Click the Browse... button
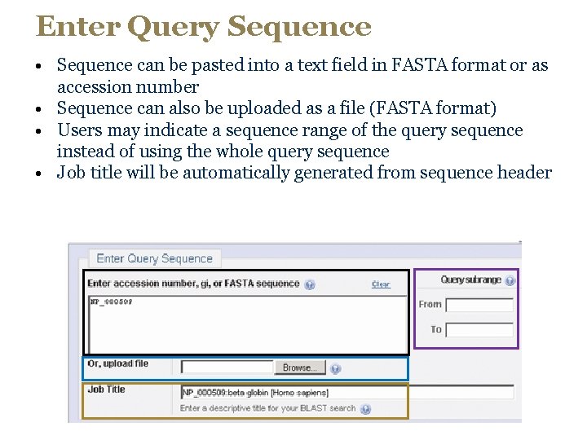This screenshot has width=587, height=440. click(x=299, y=367)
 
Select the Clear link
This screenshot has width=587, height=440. click(x=381, y=284)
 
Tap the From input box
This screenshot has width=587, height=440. click(x=479, y=305)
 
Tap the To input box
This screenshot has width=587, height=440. click(x=479, y=330)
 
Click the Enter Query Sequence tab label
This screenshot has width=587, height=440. click(x=154, y=258)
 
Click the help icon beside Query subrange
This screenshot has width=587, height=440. click(x=510, y=280)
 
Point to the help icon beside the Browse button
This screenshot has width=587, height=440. click(x=335, y=368)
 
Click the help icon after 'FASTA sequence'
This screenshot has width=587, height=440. click(x=310, y=284)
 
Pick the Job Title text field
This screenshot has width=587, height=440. click(x=347, y=392)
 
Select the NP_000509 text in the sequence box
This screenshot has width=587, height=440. click(x=111, y=301)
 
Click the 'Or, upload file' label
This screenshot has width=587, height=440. click(x=118, y=364)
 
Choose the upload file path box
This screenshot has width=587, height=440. click(x=227, y=367)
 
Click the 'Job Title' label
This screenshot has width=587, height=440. click(x=107, y=389)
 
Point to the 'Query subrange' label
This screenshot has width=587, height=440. click(x=470, y=280)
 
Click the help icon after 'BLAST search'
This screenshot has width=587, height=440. click(x=365, y=409)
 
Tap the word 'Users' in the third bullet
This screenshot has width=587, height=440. click(x=79, y=130)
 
